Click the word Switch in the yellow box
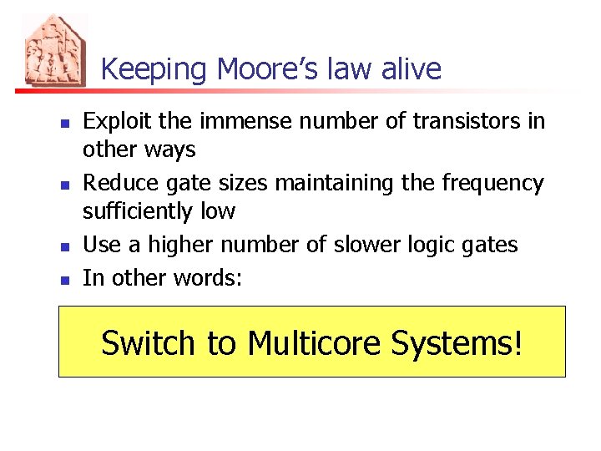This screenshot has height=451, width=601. [148, 342]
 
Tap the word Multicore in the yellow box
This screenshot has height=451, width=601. [316, 342]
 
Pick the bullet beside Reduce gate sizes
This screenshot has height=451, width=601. [64, 185]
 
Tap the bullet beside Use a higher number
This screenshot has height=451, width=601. [64, 246]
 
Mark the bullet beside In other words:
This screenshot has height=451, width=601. [64, 280]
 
